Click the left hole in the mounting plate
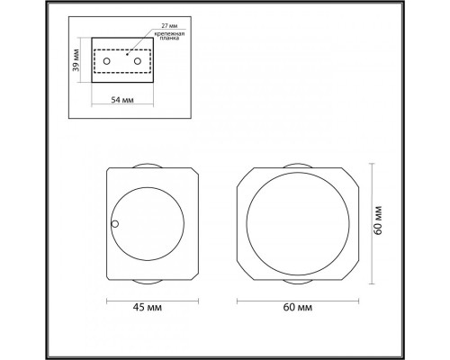[x=108, y=60]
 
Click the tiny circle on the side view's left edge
[x=114, y=224]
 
